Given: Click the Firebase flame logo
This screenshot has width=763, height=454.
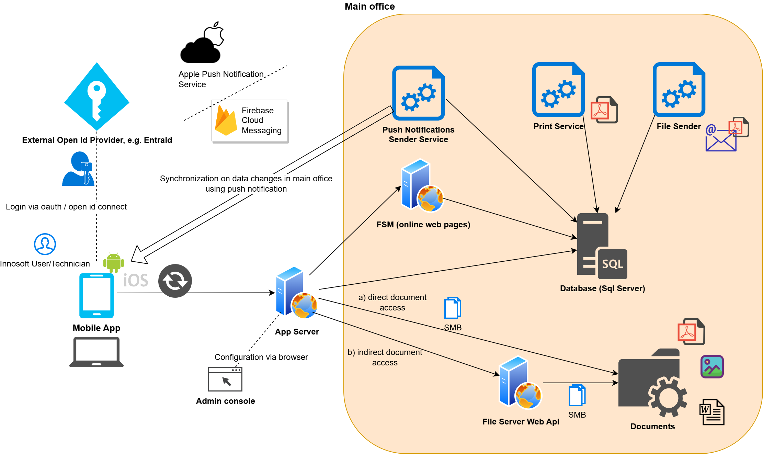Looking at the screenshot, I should coord(226,121).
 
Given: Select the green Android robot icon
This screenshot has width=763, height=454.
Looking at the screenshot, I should coord(114,263).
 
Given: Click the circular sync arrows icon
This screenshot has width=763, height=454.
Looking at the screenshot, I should coord(175,281).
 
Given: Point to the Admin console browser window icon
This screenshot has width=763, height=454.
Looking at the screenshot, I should coord(225,379).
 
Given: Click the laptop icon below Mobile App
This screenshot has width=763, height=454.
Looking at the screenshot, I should coord(96,352).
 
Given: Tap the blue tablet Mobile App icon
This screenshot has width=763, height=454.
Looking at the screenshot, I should coord(96,296).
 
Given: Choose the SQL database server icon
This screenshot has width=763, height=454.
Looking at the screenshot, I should coord(602,246).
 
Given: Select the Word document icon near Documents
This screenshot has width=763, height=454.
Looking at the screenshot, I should coord(712,412).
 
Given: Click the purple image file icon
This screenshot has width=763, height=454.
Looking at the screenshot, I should coord(712,367).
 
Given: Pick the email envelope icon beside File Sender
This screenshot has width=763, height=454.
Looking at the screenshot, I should coord(721,141).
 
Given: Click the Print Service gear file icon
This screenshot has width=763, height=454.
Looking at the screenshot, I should coord(558,90).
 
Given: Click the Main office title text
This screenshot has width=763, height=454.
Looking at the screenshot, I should coord(369,7).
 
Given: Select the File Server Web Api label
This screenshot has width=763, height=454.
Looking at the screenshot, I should coord(521,422).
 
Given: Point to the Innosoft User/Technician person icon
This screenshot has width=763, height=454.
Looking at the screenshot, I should coord(45,244).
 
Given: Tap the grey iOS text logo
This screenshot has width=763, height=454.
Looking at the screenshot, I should coord(136,280).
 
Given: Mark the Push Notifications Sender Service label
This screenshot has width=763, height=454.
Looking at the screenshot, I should coord(418,135).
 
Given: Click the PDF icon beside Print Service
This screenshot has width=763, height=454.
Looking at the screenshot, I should coord(604,110).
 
